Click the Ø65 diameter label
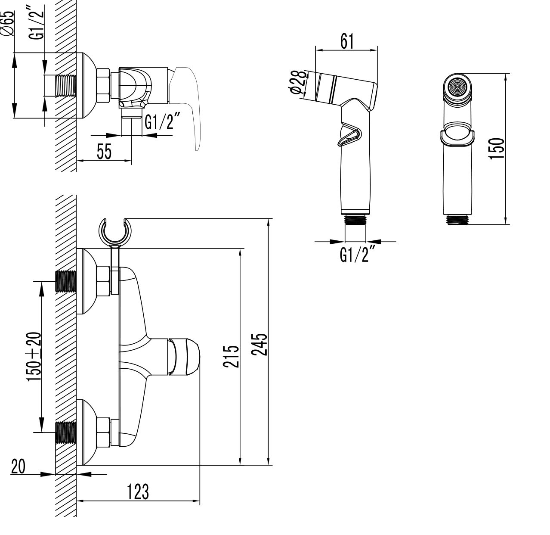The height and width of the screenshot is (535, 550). (8, 23)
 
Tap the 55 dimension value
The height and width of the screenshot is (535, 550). (104, 151)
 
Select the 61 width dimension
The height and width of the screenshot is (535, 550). (347, 41)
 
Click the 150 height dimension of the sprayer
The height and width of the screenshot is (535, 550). (496, 149)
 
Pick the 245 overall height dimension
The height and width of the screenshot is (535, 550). (259, 344)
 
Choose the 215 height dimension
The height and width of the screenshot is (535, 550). (231, 357)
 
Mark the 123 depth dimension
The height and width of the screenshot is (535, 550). (138, 492)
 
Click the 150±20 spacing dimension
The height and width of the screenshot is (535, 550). (34, 357)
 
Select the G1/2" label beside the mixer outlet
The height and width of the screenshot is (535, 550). (162, 121)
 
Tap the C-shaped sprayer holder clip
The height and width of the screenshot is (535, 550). (115, 231)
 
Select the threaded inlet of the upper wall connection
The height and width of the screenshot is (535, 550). (66, 282)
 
